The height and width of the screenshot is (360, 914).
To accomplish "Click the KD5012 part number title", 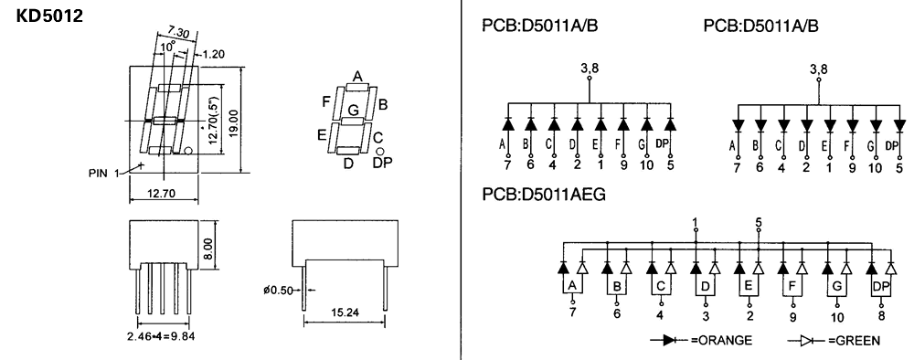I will [50, 17].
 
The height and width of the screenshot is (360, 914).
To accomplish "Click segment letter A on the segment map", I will [357, 75].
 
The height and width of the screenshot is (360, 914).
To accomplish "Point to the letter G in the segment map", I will [352, 111].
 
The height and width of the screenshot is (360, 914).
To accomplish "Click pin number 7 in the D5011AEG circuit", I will [572, 312].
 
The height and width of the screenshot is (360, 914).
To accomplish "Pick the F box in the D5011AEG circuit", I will [792, 287].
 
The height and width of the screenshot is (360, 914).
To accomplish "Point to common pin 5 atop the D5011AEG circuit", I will [758, 221].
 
